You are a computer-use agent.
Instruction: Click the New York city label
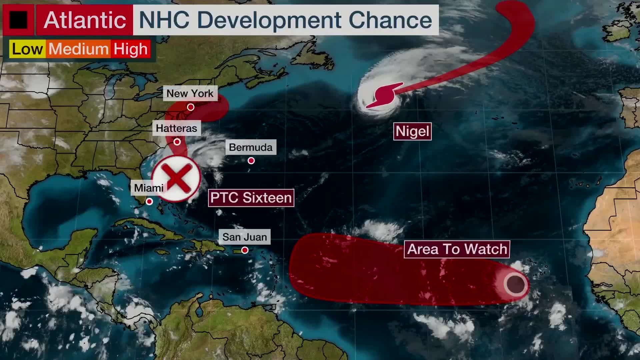coord(190,93)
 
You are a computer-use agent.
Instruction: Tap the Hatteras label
coord(176,128)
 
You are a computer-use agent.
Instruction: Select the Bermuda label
coord(251,147)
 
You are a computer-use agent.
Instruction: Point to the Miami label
coord(149,188)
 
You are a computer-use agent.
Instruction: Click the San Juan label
coord(245,237)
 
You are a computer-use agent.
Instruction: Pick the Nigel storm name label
coord(412,131)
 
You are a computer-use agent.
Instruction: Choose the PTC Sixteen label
coord(251,198)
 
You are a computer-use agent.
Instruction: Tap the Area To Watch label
coord(457,249)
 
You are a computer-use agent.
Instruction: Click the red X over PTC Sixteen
coord(177,178)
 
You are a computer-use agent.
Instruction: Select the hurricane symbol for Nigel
coord(385,95)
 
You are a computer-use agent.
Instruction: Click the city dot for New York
coord(191,107)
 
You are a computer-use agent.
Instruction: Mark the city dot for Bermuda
coord(251,161)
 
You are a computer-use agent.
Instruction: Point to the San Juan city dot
coord(245,250)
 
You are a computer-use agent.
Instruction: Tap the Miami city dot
coord(149,201)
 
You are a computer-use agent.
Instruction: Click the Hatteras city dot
coord(177,142)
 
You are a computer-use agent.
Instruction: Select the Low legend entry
coord(27,49)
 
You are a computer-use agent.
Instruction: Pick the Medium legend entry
coord(78,49)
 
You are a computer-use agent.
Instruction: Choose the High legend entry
coord(130,49)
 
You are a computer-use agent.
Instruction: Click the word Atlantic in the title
coord(85,20)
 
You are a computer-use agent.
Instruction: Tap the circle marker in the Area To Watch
coord(516,284)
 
